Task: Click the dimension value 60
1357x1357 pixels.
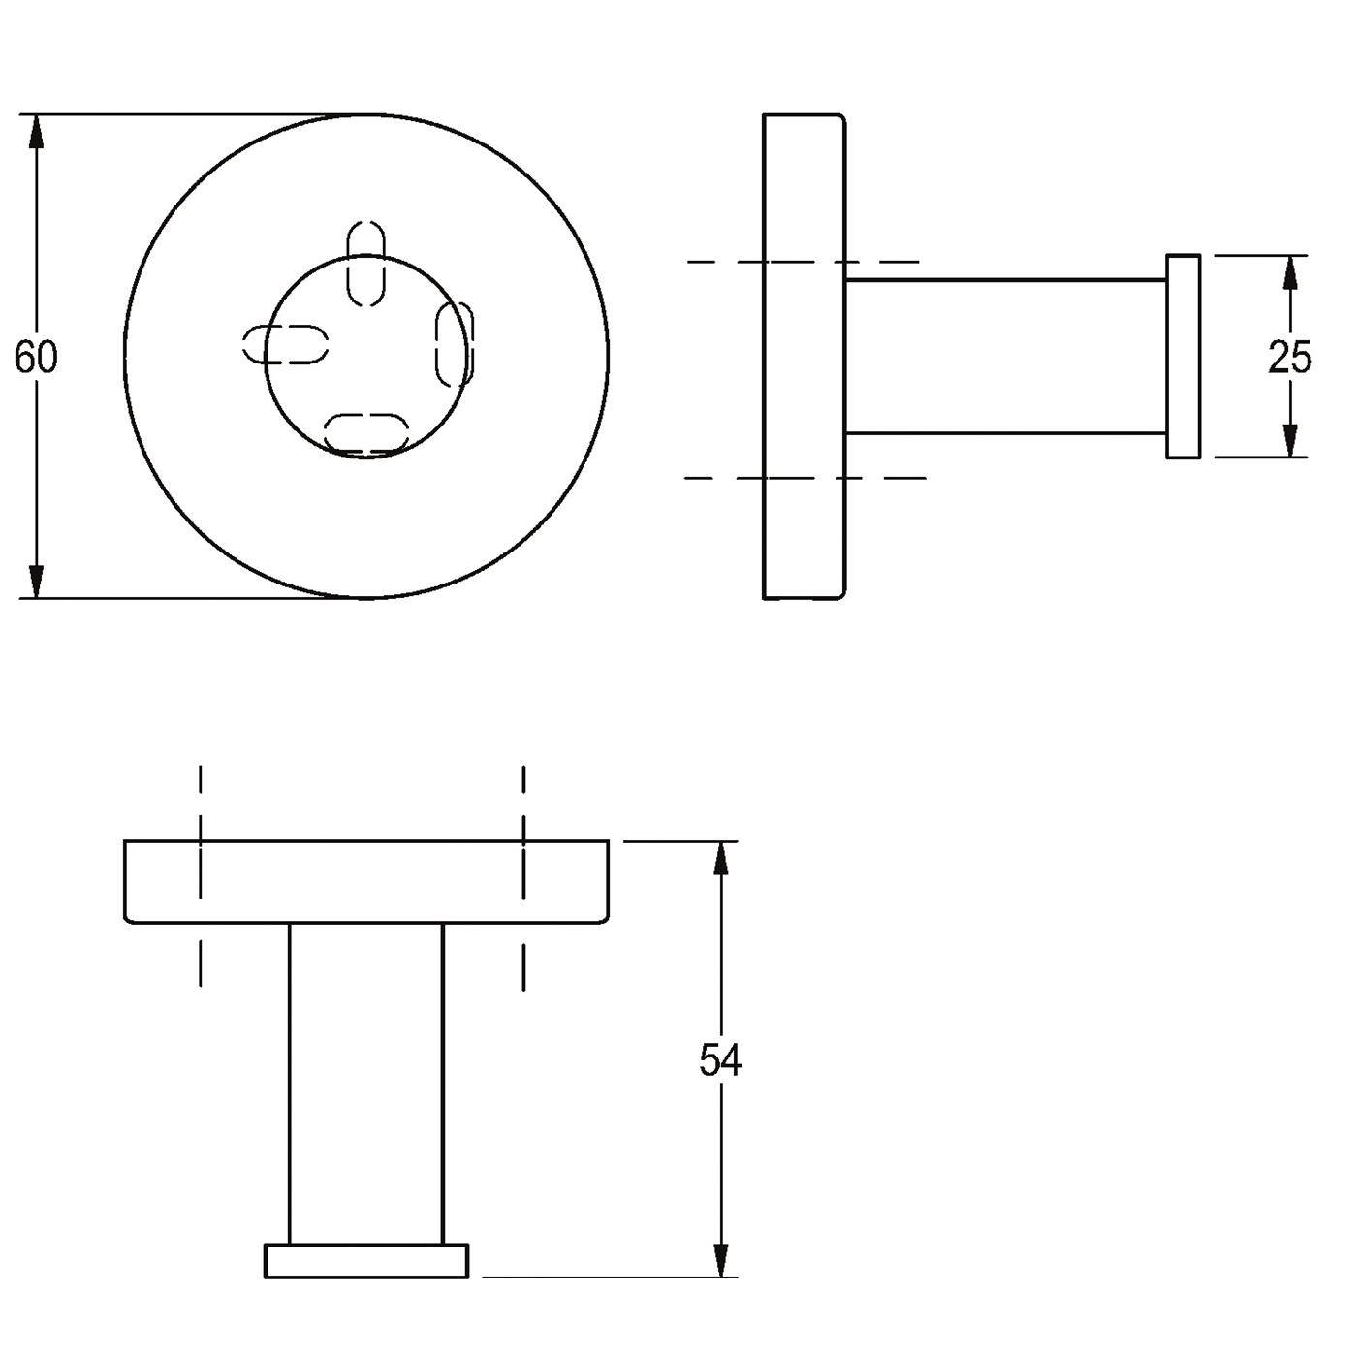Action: [36, 357]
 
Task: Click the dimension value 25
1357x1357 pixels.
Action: [1290, 357]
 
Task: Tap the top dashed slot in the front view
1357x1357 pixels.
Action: [367, 264]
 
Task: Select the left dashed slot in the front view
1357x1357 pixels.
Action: [285, 344]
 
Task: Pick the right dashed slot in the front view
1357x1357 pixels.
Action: [455, 344]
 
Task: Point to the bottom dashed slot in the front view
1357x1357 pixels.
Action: [367, 432]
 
